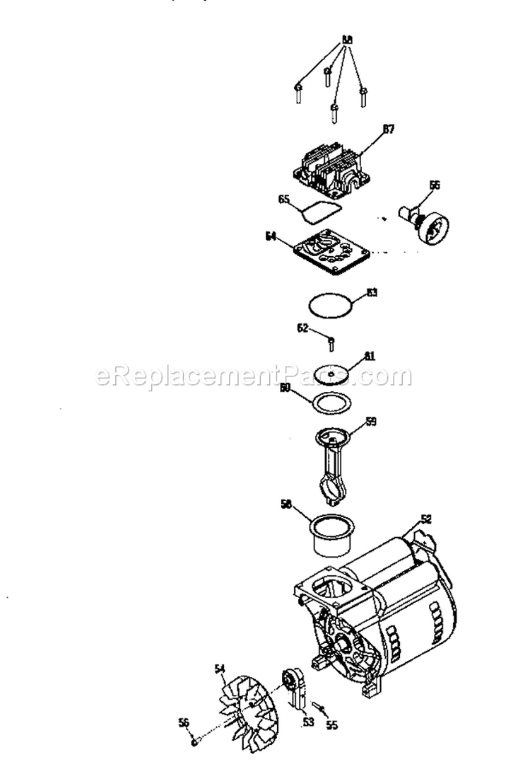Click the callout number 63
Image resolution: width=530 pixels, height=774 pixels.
(x=372, y=291)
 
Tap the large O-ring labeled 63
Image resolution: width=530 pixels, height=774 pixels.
(x=331, y=307)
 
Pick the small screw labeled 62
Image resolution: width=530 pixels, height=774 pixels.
(x=331, y=344)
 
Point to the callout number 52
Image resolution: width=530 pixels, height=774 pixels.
(x=426, y=519)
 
